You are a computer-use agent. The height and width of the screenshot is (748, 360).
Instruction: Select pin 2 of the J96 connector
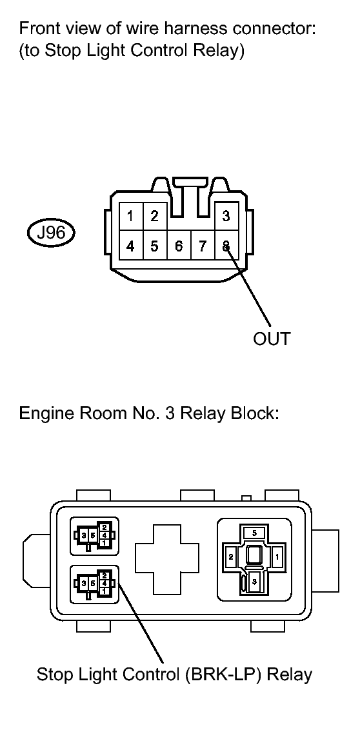[154, 217]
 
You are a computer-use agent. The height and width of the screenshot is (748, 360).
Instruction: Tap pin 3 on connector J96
[226, 217]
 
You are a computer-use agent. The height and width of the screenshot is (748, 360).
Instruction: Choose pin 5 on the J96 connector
[154, 246]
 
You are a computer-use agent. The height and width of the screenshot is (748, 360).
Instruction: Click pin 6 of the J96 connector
[179, 246]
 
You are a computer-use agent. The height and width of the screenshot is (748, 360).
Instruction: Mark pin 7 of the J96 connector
[203, 246]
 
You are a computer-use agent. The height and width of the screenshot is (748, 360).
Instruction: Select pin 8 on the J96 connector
[226, 246]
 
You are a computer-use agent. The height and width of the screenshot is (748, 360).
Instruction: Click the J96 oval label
[51, 233]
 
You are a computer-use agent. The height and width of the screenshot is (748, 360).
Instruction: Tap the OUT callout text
[272, 339]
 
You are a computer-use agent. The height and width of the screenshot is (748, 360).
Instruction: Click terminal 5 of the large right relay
[254, 533]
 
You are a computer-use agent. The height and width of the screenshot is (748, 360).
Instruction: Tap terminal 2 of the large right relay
[230, 557]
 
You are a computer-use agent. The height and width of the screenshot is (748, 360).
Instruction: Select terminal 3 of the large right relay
[254, 582]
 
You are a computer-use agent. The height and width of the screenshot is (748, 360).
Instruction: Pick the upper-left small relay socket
[94, 536]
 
